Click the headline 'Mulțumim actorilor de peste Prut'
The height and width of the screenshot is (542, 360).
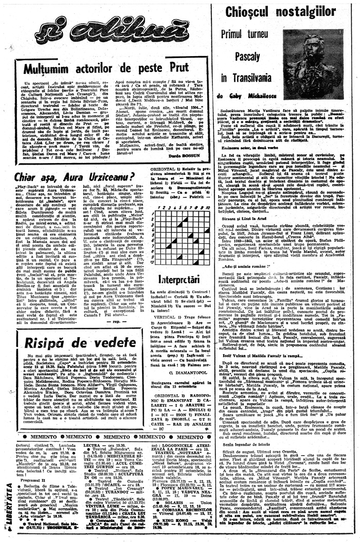(x=103, y=68)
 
